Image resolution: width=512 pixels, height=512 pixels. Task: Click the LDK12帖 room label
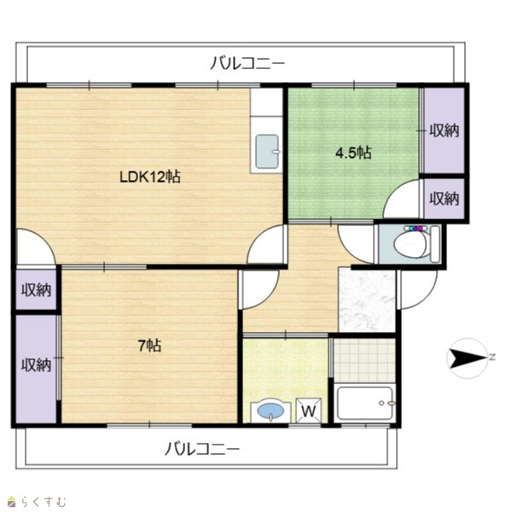[x=150, y=177]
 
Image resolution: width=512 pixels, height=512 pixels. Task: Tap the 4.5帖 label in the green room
[x=353, y=153]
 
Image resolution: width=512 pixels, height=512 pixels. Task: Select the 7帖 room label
[x=149, y=346]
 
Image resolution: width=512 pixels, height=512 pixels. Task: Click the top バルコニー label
[x=247, y=62]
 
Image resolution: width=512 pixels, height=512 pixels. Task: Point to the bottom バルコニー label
[x=201, y=449]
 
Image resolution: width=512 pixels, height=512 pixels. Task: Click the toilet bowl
[x=410, y=243]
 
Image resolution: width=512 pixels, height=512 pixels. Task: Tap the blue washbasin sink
[x=271, y=410]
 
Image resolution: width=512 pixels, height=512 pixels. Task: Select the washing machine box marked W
[x=308, y=410]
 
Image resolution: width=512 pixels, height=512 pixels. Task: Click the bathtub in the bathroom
[x=364, y=404]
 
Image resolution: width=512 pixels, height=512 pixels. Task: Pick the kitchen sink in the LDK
[x=267, y=152]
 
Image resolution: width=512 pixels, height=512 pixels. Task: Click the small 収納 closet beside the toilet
[x=444, y=199]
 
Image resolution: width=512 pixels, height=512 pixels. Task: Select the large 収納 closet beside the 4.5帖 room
[x=444, y=131]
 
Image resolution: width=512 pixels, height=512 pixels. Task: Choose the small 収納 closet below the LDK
[x=36, y=289]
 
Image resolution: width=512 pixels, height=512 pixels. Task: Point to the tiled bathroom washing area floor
[x=364, y=360]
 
